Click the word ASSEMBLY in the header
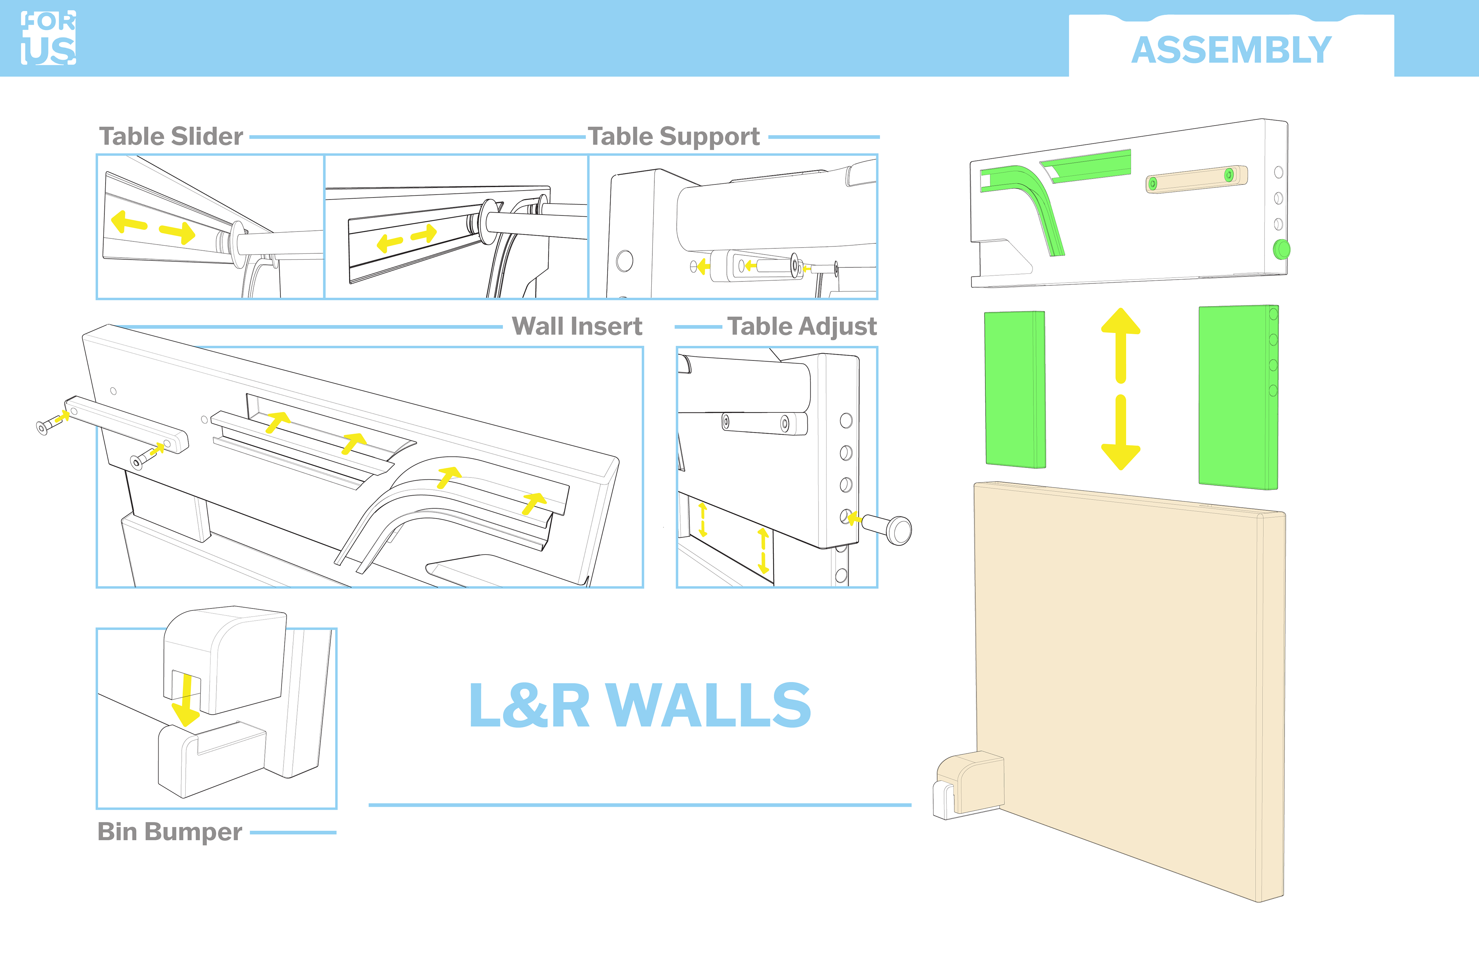[x=1231, y=50]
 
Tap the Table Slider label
[x=171, y=136]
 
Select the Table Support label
[x=674, y=136]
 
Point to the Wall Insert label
[x=577, y=326]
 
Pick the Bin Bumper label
[x=169, y=831]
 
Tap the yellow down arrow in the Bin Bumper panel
[x=186, y=701]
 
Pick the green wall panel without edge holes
[x=1015, y=390]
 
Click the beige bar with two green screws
[x=1196, y=179]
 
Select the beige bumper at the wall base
[x=969, y=784]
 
